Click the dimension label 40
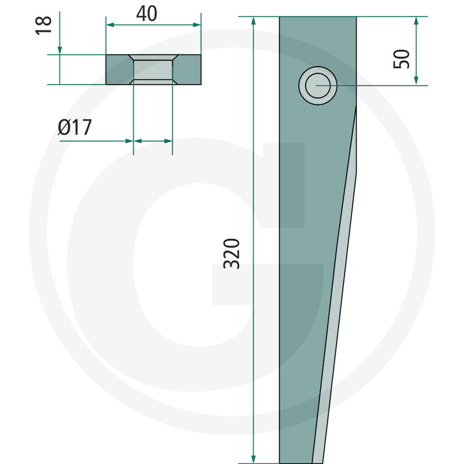point(147,13)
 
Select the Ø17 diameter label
point(75,127)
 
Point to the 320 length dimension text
point(232,253)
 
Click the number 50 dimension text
point(401,59)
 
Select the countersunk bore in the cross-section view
point(153,70)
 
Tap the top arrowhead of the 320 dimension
point(254,21)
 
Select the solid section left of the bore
point(118,70)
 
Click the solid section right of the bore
point(187,70)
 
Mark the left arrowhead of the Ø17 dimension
point(129,140)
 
